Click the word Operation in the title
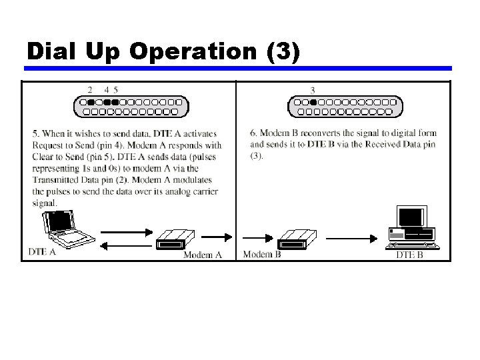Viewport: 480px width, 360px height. point(195,51)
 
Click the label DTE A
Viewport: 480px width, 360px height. point(43,252)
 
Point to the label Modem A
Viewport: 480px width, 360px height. point(202,255)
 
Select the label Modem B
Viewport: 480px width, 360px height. point(262,254)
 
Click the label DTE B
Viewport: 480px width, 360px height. point(409,255)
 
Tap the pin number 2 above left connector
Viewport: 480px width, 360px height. point(90,89)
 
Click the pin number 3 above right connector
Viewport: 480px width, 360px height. point(313,89)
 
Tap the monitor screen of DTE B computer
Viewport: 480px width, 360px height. point(410,217)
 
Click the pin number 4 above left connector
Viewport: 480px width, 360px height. point(107,89)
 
